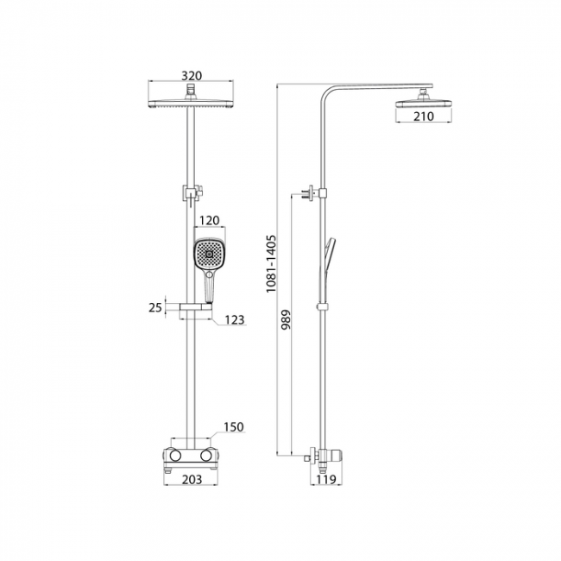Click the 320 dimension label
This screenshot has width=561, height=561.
tap(192, 76)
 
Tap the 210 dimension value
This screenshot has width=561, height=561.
tap(424, 117)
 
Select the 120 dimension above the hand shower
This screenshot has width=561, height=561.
tap(210, 220)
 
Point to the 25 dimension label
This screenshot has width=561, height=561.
tap(155, 307)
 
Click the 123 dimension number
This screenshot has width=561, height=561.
tap(235, 319)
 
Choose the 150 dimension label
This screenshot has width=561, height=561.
tap(234, 427)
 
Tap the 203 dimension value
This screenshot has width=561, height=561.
tap(192, 479)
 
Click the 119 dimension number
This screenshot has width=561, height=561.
tap(326, 479)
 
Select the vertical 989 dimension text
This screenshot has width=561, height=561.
tap(287, 319)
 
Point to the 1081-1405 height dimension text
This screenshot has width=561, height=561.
tap(272, 263)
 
